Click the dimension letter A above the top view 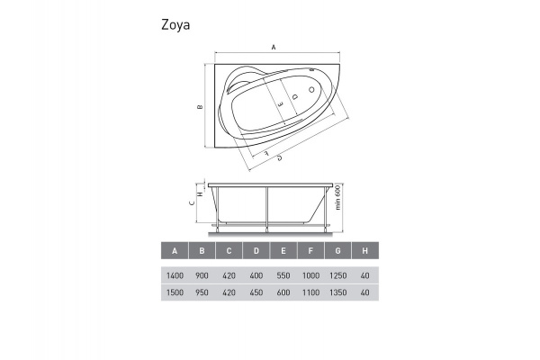[x=274, y=48]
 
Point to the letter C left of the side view [x=193, y=203]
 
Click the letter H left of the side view [x=200, y=191]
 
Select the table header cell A [x=175, y=250]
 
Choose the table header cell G [x=337, y=250]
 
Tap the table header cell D [x=256, y=250]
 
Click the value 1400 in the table [x=175, y=277]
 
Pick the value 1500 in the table [x=175, y=293]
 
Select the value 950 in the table [x=202, y=293]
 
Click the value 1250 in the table [x=337, y=277]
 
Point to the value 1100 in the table [x=310, y=293]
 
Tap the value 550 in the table [x=283, y=277]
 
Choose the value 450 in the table [x=256, y=293]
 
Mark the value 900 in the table [x=202, y=277]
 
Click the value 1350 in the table [x=337, y=293]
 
